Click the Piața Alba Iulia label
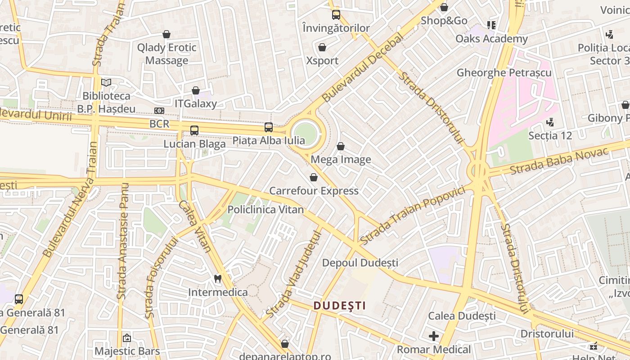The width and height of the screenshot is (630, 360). pos(268,140)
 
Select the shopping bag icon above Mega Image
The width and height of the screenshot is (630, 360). pos(341,146)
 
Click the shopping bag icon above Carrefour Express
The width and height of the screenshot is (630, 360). pos(314,177)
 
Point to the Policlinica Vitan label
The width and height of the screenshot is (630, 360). pos(265,210)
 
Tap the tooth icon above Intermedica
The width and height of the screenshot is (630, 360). pos(218,279)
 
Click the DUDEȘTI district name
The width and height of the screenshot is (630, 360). pos(339,306)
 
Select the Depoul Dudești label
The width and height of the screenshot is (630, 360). pos(360,262)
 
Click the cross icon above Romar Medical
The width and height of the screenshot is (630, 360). pos(434,336)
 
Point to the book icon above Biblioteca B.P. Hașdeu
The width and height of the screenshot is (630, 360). pos(106,82)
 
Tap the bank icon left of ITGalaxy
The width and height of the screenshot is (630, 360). pos(159,110)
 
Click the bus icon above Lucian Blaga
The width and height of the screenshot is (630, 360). pos(194,130)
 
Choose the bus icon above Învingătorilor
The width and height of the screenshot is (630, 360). pos(336,15)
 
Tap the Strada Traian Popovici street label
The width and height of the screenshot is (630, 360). pos(412,216)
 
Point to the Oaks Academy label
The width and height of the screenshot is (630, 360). pos(491,39)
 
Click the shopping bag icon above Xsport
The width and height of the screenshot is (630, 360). pos(322,47)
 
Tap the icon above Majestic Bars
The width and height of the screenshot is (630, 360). pos(127,337)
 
